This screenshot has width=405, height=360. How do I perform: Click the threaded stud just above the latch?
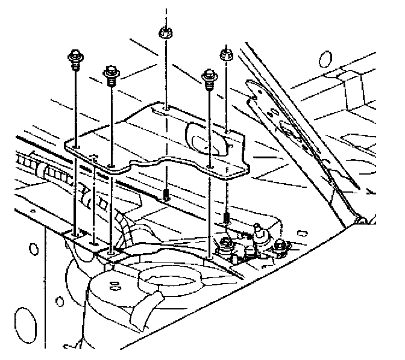[226, 216]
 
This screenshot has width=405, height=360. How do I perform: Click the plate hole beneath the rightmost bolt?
[210, 167]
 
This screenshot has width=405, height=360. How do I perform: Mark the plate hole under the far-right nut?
[227, 131]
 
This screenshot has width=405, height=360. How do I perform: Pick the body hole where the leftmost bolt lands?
[74, 232]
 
